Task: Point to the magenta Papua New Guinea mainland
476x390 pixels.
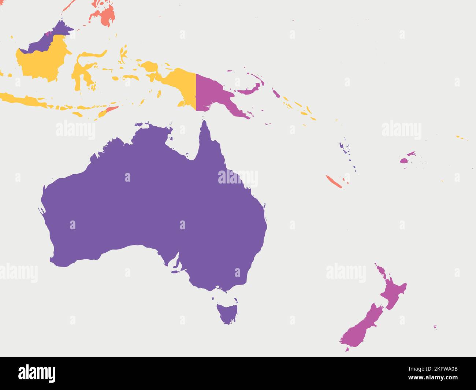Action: (x=212, y=92)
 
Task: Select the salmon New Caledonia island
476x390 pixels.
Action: (x=334, y=181)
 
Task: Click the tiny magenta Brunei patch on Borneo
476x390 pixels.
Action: (x=48, y=34)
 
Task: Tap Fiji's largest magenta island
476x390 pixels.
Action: (x=404, y=160)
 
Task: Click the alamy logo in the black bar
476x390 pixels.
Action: (x=37, y=374)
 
